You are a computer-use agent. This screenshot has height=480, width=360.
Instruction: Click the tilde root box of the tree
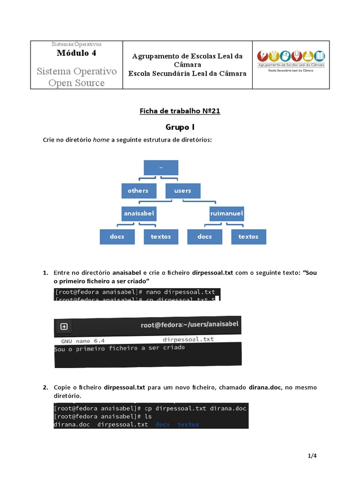click(161, 168)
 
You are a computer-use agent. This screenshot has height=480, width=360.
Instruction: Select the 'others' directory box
click(138, 190)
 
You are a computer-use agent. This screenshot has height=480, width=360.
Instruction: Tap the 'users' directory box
click(182, 190)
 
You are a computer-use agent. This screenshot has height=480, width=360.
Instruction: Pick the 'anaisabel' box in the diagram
click(139, 213)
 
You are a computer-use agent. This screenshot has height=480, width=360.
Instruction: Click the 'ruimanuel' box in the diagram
click(226, 213)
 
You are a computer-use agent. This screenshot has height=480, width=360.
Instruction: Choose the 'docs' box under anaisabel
click(117, 237)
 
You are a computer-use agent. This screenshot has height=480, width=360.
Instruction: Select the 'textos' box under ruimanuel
click(248, 237)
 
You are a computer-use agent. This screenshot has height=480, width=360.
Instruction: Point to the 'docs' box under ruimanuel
click(204, 237)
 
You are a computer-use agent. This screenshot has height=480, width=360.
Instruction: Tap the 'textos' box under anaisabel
click(161, 237)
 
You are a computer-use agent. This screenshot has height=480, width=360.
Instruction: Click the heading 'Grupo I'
click(180, 127)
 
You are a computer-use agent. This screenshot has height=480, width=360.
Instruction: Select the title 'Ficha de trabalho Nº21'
click(180, 111)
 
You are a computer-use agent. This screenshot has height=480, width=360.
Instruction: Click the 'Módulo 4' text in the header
click(76, 53)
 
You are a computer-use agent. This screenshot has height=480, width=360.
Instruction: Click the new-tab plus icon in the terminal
click(64, 326)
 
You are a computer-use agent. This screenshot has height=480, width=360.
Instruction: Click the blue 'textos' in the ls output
click(188, 424)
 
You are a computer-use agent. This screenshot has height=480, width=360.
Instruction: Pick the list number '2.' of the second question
click(45, 388)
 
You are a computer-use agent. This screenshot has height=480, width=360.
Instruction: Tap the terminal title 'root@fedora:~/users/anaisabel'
click(189, 324)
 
